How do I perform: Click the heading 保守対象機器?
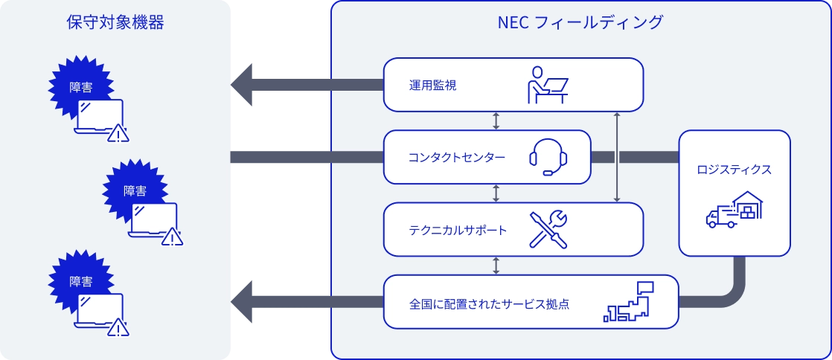[115, 22]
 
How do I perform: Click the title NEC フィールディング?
[580, 22]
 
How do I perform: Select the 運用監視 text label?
[432, 85]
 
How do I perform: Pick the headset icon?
[548, 158]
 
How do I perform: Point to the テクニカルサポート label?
[458, 230]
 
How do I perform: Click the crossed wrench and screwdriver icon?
[548, 229]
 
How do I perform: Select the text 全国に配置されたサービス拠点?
[489, 303]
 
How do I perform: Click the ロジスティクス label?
[734, 170]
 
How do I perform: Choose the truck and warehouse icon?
[734, 210]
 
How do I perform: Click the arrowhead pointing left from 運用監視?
[246, 85]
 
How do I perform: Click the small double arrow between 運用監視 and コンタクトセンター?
[496, 120]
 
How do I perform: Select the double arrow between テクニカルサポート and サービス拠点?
[496, 266]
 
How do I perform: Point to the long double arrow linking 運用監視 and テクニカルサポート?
[616, 158]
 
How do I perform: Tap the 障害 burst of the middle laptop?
[134, 190]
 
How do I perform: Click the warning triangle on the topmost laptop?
[118, 135]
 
